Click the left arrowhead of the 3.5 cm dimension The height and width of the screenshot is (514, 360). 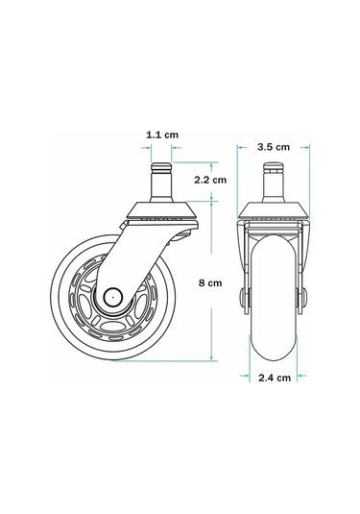[x=240, y=147]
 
